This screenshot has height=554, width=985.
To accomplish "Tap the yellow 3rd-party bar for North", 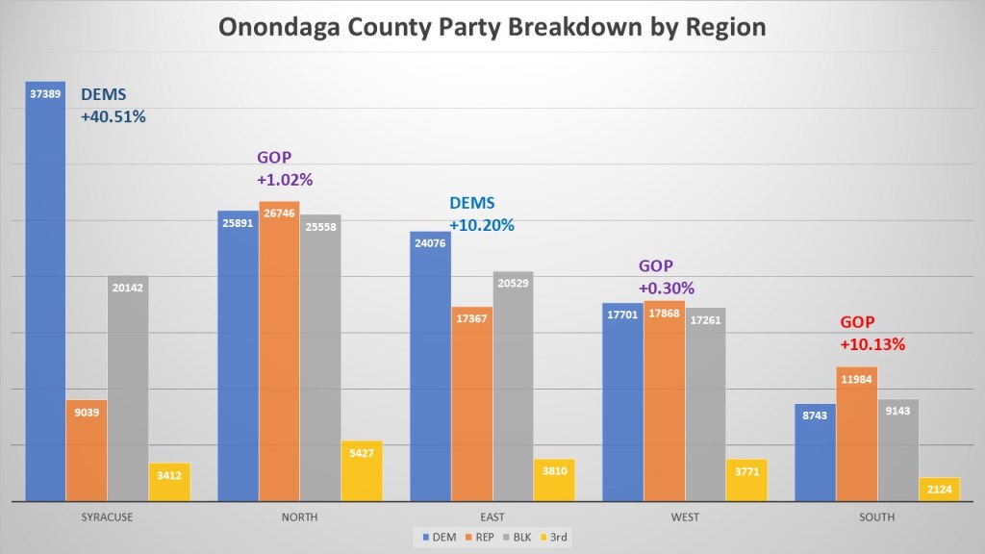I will click(x=362, y=471).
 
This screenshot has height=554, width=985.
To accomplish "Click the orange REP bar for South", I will click(x=856, y=434).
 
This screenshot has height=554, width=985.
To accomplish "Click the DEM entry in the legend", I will click(x=437, y=536).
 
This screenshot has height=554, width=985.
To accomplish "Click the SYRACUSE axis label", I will click(x=108, y=517).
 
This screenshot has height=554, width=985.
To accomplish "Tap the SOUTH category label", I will click(x=876, y=517).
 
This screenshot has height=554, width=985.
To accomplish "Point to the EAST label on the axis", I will click(x=492, y=517).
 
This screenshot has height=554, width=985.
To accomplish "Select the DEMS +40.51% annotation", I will click(x=113, y=106).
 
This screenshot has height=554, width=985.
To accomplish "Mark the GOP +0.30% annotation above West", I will click(x=667, y=277).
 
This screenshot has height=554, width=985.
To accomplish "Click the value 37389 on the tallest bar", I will click(x=45, y=95).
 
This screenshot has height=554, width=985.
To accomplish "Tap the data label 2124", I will click(x=939, y=490).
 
